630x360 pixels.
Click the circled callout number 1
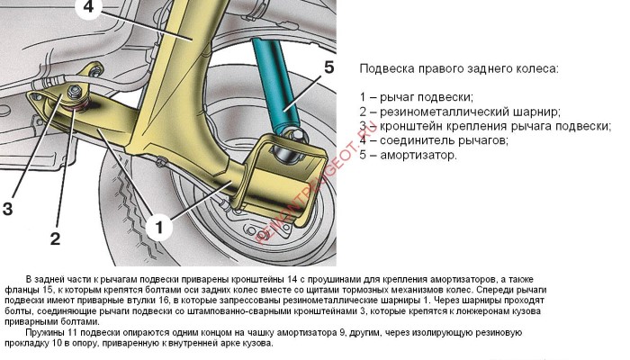159,228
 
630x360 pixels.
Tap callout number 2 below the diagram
55,239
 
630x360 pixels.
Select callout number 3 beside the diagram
7,209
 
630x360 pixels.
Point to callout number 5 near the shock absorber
329,67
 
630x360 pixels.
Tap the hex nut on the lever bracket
74,92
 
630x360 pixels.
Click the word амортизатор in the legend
418,155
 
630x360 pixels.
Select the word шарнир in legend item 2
536,112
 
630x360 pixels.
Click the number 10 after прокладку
56,344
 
